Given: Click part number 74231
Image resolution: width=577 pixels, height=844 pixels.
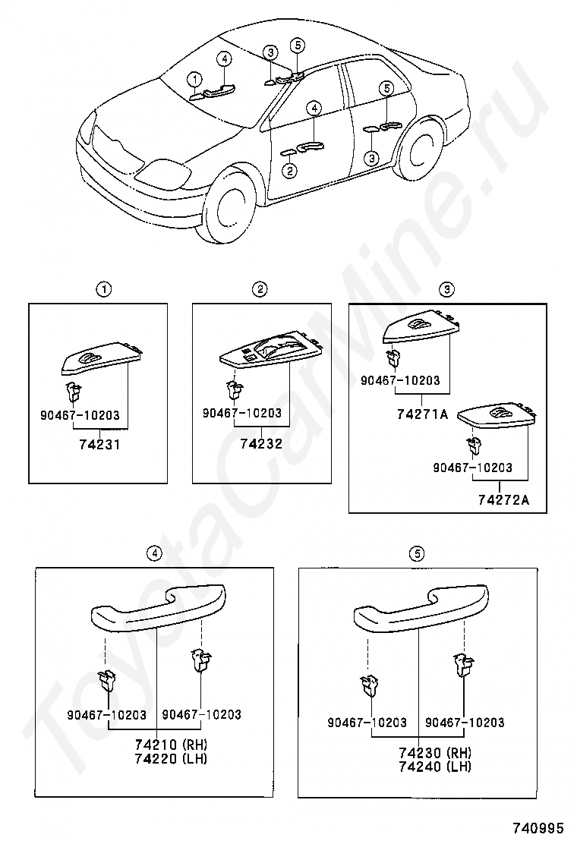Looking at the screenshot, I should click(x=99, y=445).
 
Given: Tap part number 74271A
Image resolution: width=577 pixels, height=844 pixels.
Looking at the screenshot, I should click(x=422, y=415).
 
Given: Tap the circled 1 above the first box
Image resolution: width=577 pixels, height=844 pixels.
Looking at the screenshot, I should click(x=102, y=289).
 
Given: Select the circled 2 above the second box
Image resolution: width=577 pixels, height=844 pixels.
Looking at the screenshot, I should click(x=260, y=289).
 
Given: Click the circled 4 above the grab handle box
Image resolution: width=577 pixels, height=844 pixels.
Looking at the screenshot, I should click(x=156, y=553).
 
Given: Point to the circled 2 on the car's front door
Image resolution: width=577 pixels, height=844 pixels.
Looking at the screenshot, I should click(x=289, y=171).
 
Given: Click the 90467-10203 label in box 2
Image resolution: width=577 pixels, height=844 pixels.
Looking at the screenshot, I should click(x=242, y=414).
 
